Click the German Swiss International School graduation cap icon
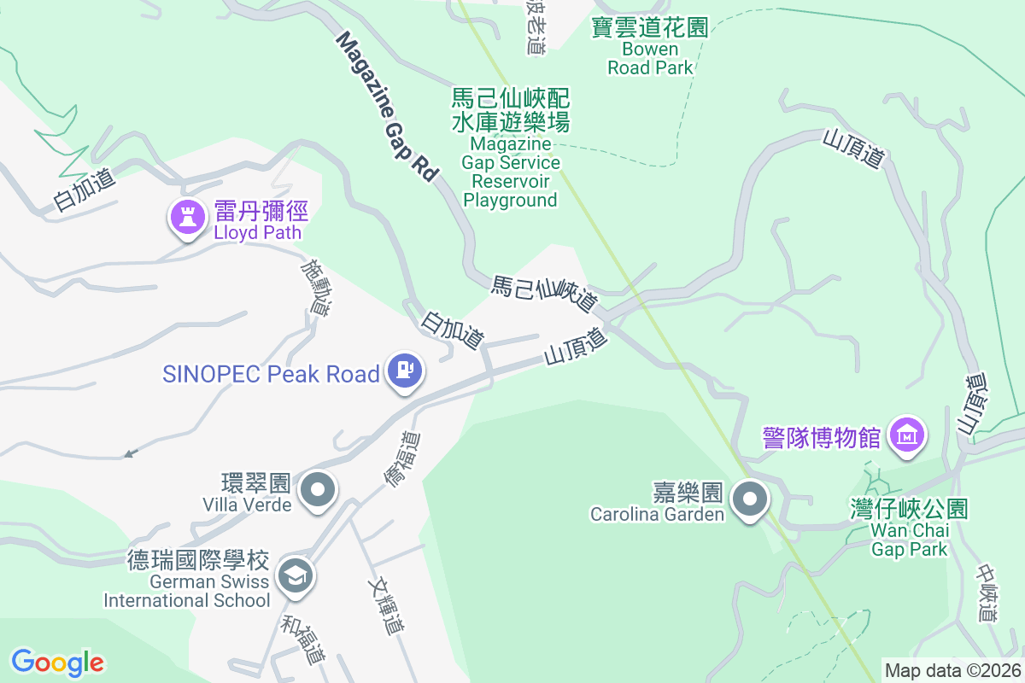[296, 575]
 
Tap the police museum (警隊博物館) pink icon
[907, 435]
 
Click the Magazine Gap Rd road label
[387, 106]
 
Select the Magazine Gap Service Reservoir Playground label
[511, 161]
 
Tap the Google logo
[57, 662]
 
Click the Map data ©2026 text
[952, 670]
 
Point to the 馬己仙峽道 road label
[544, 293]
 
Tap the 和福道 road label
[303, 639]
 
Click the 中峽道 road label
[987, 593]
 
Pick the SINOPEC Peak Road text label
[271, 374]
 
